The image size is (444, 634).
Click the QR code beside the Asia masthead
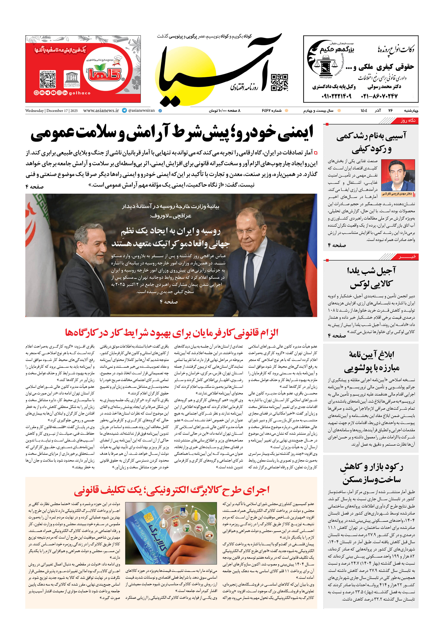279,82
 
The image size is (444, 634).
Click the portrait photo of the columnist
398,175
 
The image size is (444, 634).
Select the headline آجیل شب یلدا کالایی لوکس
371,277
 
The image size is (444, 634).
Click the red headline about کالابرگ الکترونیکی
171,490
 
